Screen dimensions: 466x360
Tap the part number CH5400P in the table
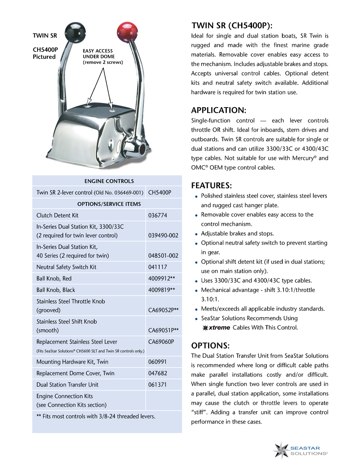(x=160, y=192)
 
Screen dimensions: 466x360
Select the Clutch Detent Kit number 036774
(x=158, y=215)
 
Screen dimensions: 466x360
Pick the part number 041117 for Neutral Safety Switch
(x=158, y=267)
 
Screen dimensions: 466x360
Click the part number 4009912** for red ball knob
(x=162, y=278)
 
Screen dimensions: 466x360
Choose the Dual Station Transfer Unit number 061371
(x=158, y=384)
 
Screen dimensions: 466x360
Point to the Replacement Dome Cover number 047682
(x=158, y=373)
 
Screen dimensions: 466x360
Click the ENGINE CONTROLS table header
(x=109, y=181)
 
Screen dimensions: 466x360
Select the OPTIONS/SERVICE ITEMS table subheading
(x=109, y=204)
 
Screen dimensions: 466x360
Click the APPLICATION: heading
(x=219, y=110)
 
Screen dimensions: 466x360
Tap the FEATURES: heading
(x=212, y=186)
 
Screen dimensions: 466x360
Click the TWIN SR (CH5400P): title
(x=232, y=26)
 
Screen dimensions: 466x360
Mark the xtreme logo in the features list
(x=216, y=328)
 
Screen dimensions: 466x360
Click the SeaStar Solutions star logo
(x=282, y=450)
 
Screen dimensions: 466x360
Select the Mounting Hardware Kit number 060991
(x=158, y=362)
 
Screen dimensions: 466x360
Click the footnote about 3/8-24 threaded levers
(x=96, y=416)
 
